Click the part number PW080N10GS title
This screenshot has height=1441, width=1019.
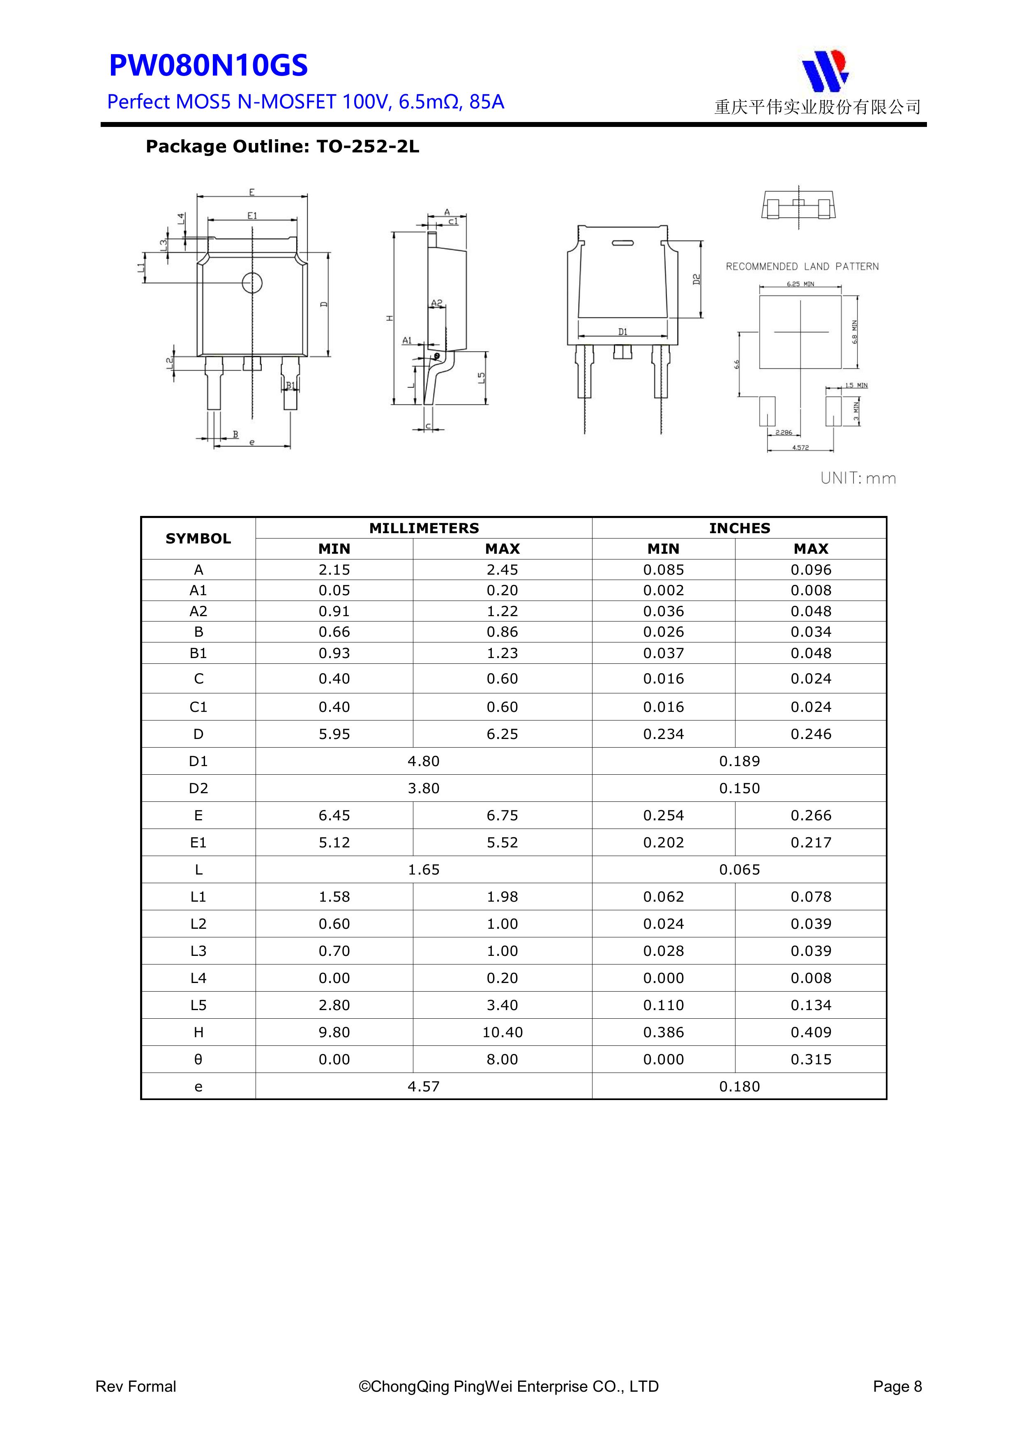pyautogui.click(x=208, y=66)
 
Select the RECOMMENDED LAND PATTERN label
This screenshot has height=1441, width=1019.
pyautogui.click(x=802, y=267)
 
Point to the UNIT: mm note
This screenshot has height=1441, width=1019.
pyautogui.click(x=858, y=478)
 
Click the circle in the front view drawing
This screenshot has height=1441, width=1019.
pyautogui.click(x=252, y=283)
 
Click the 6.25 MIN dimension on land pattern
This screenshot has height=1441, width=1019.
pyautogui.click(x=800, y=284)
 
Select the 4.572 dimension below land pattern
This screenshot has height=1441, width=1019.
pyautogui.click(x=800, y=447)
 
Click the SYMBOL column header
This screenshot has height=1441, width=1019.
pyautogui.click(x=198, y=539)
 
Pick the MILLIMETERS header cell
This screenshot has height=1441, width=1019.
pyautogui.click(x=424, y=528)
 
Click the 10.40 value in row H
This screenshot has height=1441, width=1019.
pyautogui.click(x=502, y=1032)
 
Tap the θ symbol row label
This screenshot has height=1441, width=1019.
pyautogui.click(x=198, y=1059)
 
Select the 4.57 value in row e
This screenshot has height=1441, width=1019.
pyautogui.click(x=424, y=1087)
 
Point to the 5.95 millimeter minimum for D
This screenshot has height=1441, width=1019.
pyautogui.click(x=334, y=734)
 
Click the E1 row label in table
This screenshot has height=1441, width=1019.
pyautogui.click(x=198, y=843)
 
